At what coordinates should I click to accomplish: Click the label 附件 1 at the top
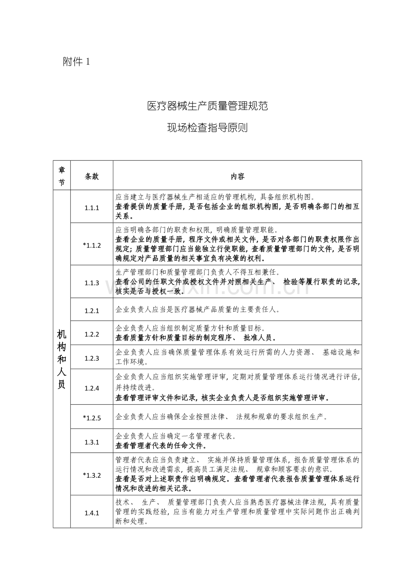point(76,62)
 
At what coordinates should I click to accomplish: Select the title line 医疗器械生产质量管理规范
point(207,107)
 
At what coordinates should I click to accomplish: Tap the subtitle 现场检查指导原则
point(207,128)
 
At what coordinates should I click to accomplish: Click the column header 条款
point(92,177)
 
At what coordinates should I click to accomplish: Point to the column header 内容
point(237,177)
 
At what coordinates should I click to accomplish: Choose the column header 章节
point(62,176)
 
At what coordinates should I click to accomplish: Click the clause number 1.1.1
point(92,208)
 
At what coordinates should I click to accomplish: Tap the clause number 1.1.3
point(92,283)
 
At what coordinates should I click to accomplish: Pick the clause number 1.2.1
point(92,310)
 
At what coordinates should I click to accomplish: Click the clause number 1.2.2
point(92,334)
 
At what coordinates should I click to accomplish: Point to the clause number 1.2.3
point(92,358)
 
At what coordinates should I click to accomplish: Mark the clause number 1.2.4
point(92,387)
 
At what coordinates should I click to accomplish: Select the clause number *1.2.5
point(92,418)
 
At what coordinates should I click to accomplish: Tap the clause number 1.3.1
point(92,442)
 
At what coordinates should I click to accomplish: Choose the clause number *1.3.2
point(92,475)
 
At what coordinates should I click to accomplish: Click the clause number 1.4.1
point(92,513)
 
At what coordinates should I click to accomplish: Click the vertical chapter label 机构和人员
point(62,359)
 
